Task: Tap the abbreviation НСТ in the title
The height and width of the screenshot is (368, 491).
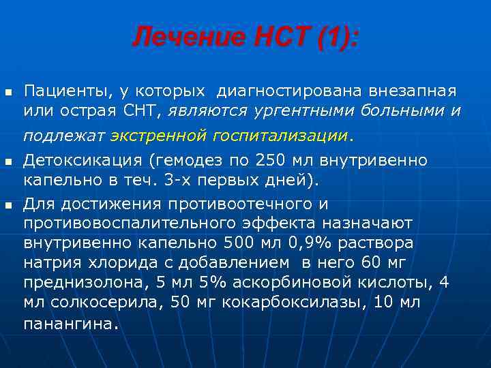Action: (x=268, y=37)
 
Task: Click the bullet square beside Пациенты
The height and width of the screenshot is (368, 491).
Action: (x=8, y=91)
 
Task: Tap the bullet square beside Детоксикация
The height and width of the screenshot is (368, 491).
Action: (x=8, y=162)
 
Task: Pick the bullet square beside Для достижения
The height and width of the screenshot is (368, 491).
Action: (x=8, y=204)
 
